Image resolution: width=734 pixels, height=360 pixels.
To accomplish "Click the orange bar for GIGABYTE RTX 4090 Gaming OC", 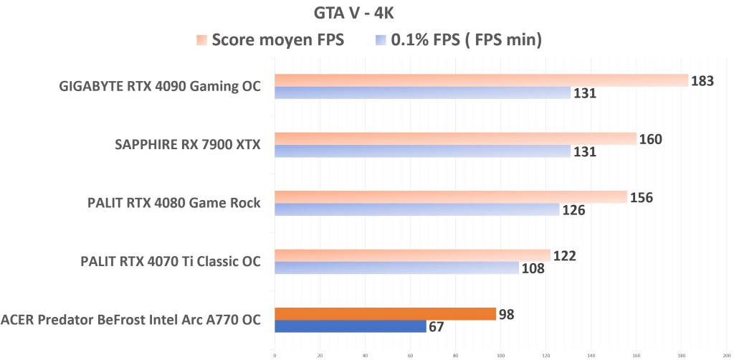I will (480, 80).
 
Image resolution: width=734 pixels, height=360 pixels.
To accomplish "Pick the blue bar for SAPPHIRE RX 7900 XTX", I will (422, 151).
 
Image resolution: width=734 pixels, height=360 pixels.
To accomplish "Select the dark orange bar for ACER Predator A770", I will (385, 313).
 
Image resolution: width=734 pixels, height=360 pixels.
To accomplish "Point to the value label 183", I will (702, 80).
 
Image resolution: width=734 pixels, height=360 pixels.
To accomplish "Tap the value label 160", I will (650, 139).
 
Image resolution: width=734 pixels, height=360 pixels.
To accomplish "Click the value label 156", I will (641, 197).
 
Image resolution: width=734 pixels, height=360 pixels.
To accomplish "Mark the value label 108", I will (533, 269).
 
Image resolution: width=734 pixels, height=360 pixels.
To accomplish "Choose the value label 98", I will (507, 314).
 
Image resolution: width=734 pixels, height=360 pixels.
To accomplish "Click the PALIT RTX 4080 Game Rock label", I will (171, 204).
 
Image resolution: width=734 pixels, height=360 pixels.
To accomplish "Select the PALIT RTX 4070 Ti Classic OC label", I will (171, 262).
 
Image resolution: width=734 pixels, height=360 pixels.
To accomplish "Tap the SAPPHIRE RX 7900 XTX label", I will (187, 145).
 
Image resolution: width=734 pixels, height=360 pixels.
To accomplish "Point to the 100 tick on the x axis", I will (500, 354).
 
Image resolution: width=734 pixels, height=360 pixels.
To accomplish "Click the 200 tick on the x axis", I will (726, 354).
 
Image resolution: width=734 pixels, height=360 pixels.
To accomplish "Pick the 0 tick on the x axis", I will (275, 354).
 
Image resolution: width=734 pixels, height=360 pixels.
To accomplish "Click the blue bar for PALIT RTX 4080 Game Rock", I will (416, 209).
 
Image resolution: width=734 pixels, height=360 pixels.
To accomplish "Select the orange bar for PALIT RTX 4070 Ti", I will (412, 255).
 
